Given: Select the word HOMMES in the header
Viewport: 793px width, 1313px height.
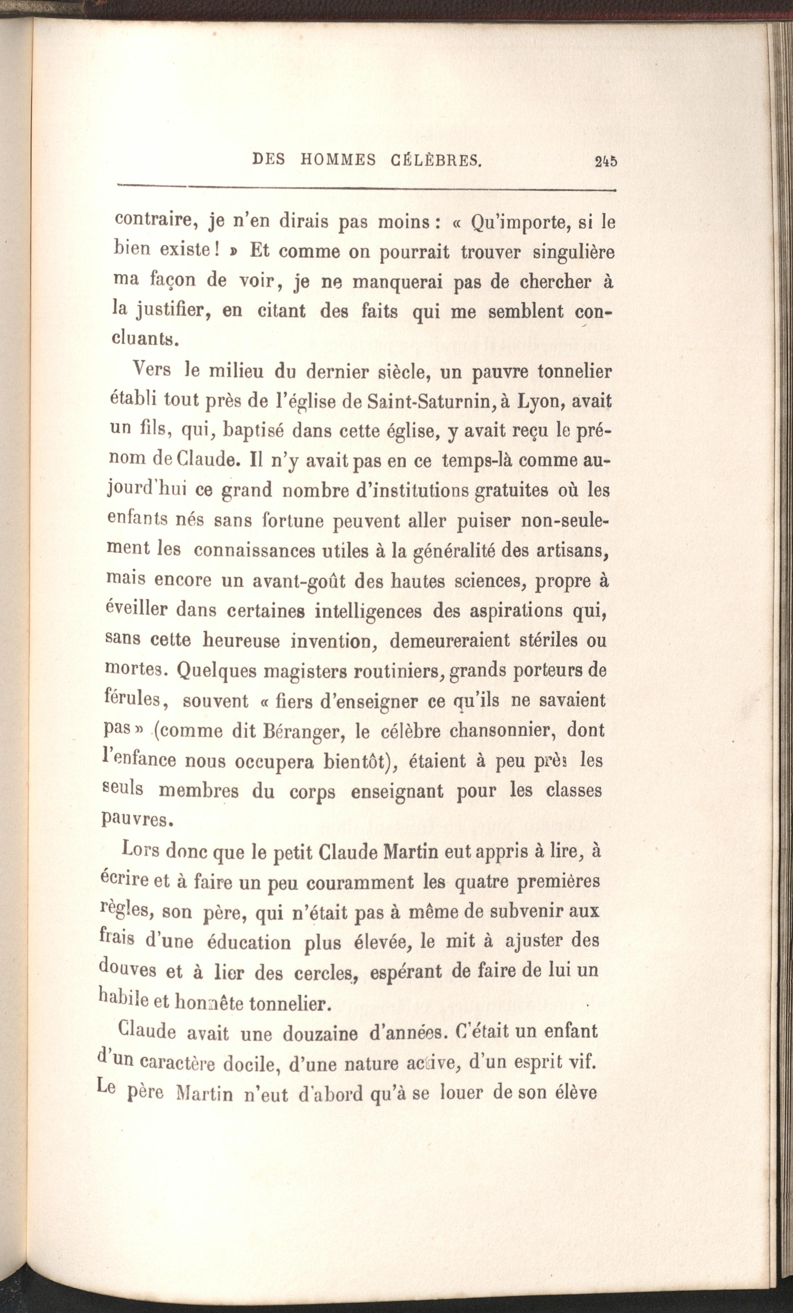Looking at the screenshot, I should point(338,160).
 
